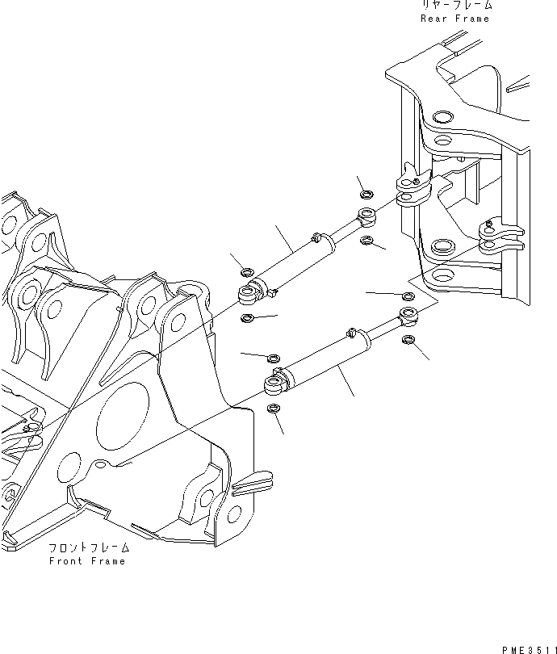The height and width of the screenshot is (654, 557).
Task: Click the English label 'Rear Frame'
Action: click(455, 18)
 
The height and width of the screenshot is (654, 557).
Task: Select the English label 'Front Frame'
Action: click(87, 561)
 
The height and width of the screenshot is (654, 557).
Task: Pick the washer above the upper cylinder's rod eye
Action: click(366, 194)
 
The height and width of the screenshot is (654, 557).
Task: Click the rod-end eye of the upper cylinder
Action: click(367, 215)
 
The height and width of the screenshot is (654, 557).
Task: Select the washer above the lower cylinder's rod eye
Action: click(408, 296)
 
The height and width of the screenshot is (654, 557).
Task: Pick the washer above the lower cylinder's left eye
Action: click(274, 357)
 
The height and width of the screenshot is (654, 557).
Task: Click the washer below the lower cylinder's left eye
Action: click(274, 409)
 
